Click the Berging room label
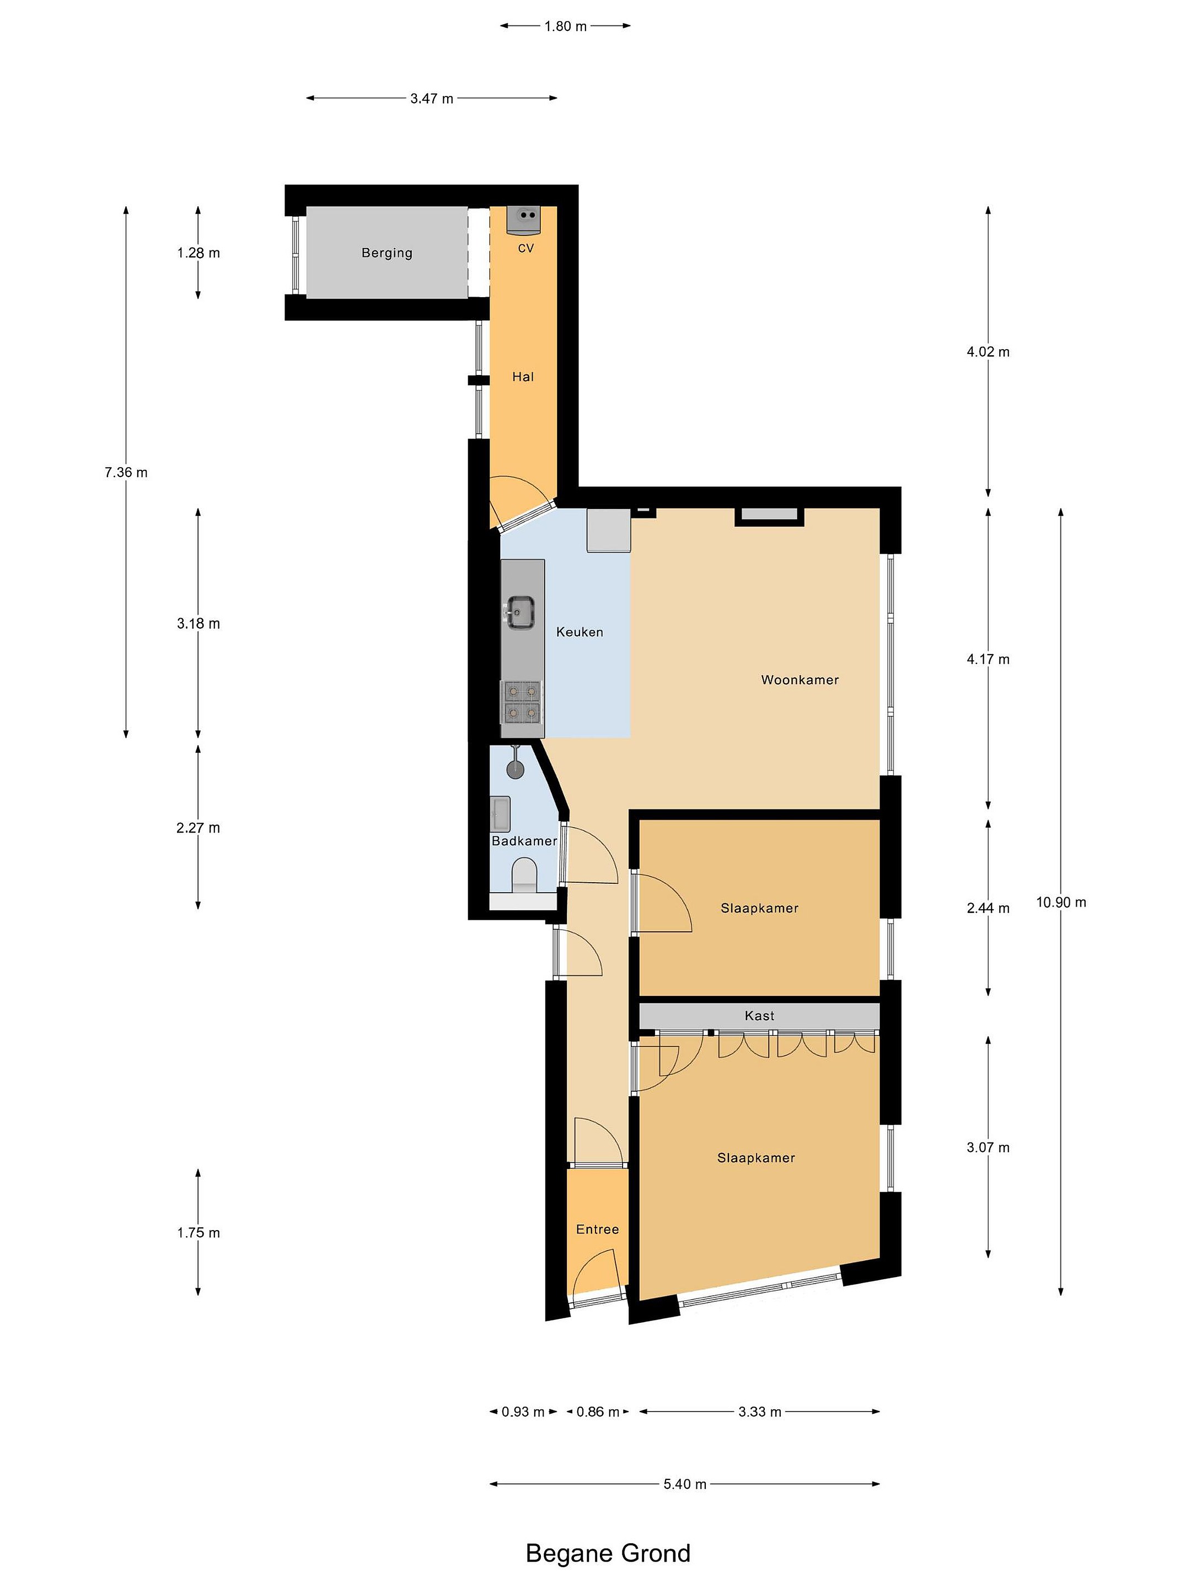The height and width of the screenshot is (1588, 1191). (x=387, y=253)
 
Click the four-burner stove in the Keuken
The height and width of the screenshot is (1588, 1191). (x=522, y=701)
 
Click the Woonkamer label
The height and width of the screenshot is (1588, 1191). (x=800, y=680)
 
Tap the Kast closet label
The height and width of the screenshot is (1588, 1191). (x=760, y=1016)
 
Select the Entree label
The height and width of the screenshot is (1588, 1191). (x=597, y=1229)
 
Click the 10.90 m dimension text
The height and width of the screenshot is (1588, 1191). (x=1061, y=903)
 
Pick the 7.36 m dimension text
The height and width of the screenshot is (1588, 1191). (x=126, y=473)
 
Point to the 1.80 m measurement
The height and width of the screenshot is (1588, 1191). (x=566, y=26)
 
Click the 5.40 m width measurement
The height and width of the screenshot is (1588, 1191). (x=685, y=1484)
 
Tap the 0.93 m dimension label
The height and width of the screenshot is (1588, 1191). (x=523, y=1412)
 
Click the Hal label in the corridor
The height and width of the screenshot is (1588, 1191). (x=523, y=377)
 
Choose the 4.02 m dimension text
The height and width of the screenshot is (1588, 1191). (x=988, y=352)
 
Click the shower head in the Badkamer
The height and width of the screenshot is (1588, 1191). (x=515, y=767)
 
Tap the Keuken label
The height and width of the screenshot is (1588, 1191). (x=580, y=632)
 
